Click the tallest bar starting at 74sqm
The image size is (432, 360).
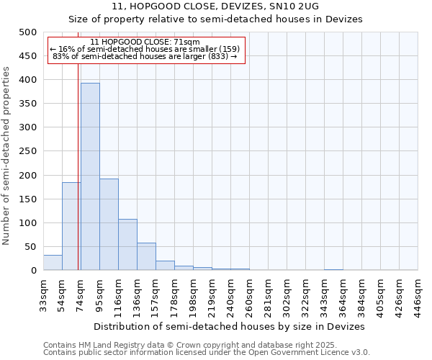(90, 176)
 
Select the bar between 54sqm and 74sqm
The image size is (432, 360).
(71, 226)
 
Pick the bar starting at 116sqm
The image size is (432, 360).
(127, 245)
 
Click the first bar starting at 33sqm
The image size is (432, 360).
(53, 263)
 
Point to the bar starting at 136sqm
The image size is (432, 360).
(146, 257)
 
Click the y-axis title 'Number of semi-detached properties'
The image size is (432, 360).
(7, 155)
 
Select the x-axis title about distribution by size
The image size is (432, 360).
(230, 326)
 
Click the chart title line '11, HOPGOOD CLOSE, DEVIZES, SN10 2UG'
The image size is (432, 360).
(220, 6)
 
